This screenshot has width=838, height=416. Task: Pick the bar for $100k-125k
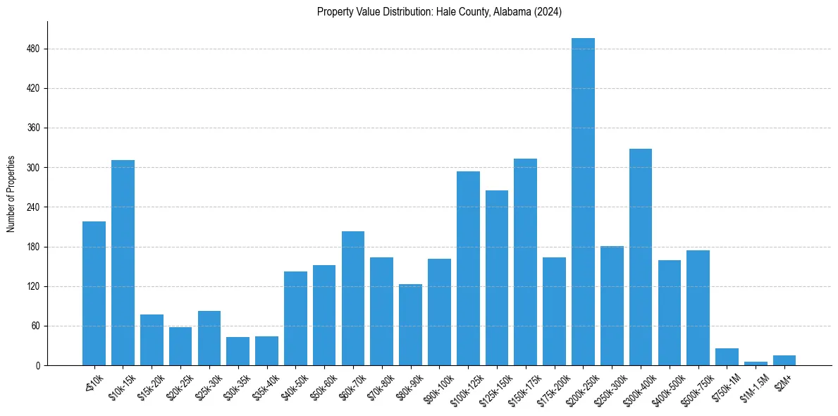point(468,268)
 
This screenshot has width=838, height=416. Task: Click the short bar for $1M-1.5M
point(756,363)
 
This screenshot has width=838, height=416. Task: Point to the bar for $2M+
point(784,360)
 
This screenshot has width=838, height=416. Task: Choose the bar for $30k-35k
point(238,351)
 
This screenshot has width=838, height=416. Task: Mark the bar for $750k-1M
point(727,357)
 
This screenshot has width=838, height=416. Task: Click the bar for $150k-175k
point(525,262)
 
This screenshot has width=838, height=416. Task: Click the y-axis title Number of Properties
point(11,193)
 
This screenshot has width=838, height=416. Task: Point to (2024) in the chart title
point(548,11)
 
